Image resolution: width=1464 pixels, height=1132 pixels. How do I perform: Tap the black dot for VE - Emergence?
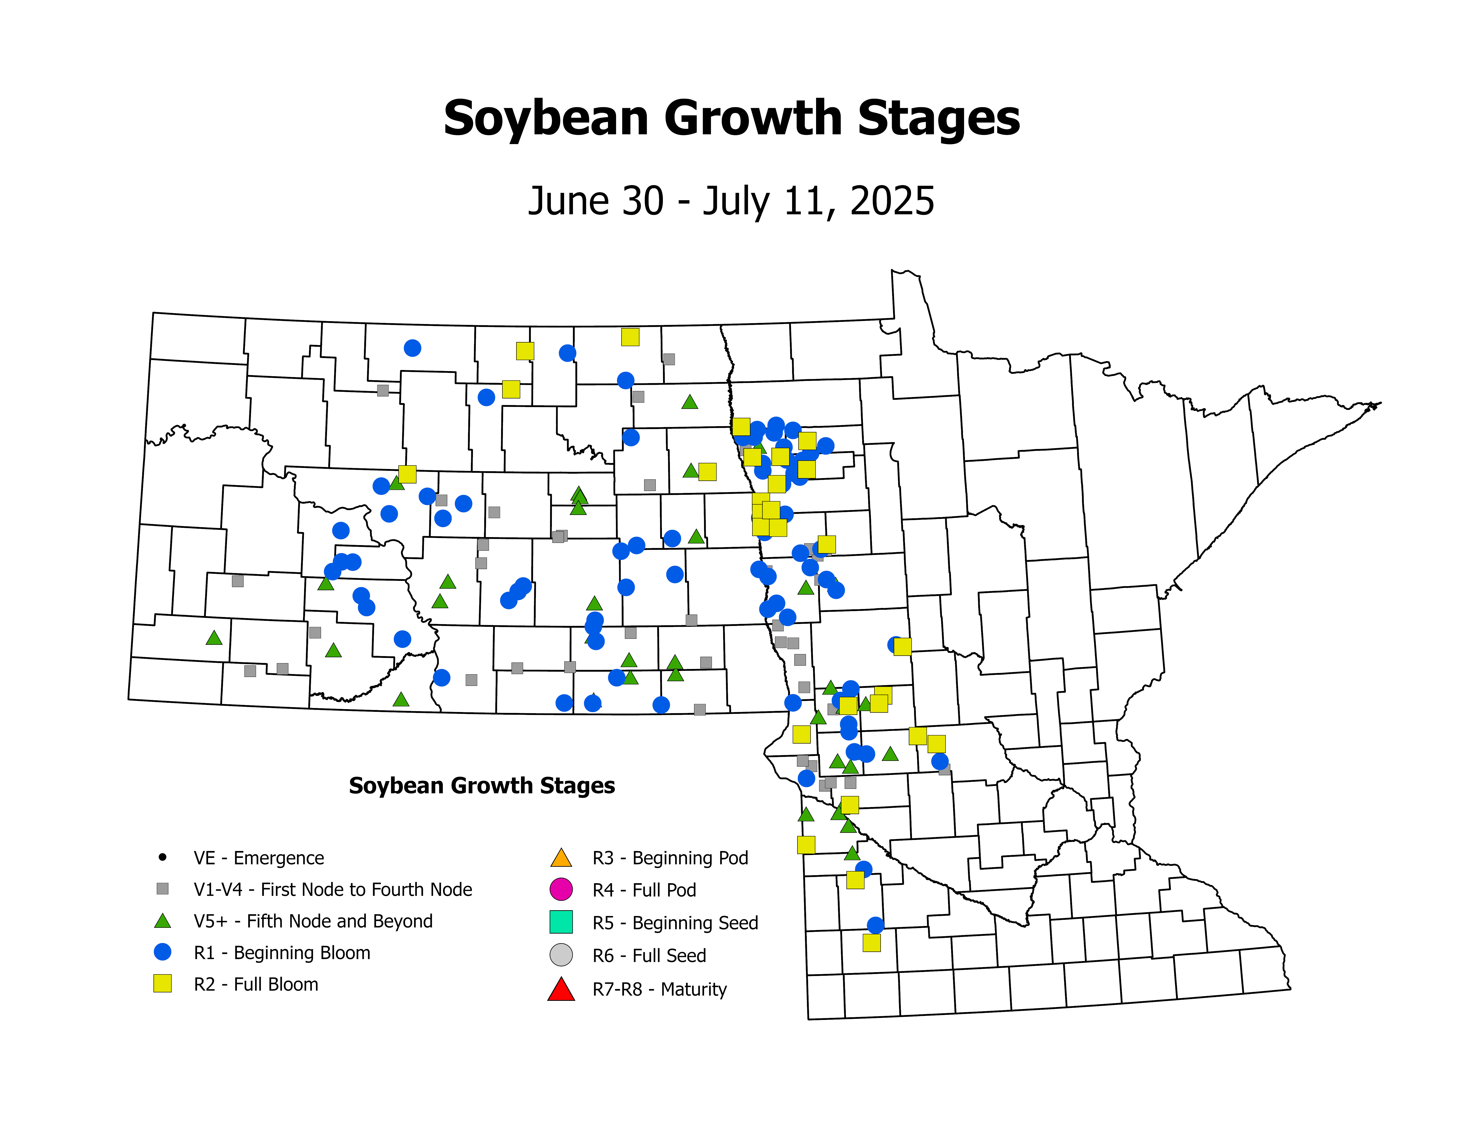pos(162,857)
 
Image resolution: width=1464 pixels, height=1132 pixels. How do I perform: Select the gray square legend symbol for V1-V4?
pos(162,889)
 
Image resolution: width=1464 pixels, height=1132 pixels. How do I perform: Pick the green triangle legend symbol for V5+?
pos(162,921)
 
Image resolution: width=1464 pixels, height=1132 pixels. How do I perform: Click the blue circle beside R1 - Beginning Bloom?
pos(162,952)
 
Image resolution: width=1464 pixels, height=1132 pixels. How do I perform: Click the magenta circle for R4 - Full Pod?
pos(561,889)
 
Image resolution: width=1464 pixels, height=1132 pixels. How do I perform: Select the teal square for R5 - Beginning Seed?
pos(561,922)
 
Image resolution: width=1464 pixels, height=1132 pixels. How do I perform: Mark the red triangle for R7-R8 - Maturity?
pos(561,989)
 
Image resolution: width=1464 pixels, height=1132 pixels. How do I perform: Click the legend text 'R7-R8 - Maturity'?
pos(660,990)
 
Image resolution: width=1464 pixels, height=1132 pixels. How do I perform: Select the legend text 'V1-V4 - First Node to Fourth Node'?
pos(333,890)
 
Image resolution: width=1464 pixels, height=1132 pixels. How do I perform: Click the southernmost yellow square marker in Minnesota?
pos(872,943)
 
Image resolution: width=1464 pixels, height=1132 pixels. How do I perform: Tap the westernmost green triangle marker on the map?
pos(214,638)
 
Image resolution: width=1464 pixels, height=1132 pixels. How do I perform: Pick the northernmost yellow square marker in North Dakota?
pos(630,337)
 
